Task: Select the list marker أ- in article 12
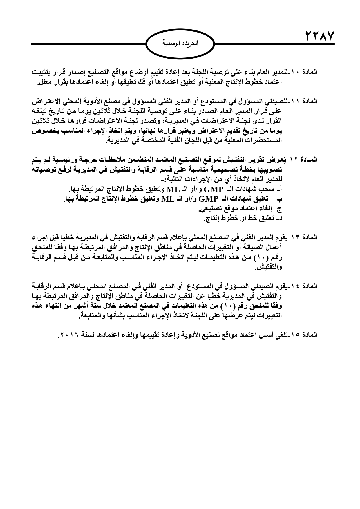280,189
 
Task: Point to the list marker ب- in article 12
280,199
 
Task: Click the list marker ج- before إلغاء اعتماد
280,209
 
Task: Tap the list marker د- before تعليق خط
280,218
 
